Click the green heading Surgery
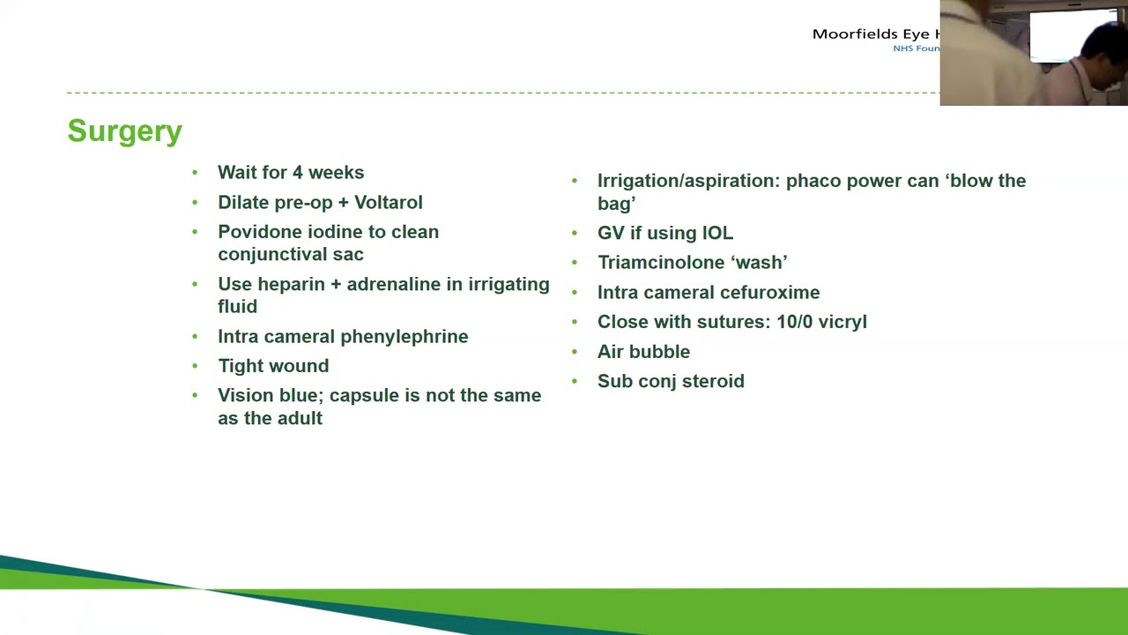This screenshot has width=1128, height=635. click(124, 131)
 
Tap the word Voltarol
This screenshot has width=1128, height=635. click(388, 203)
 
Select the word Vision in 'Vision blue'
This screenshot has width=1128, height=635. click(245, 396)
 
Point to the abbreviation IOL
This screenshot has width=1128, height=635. click(717, 234)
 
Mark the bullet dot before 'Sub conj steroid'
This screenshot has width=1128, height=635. click(575, 381)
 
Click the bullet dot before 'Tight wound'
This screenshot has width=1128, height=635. click(195, 366)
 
